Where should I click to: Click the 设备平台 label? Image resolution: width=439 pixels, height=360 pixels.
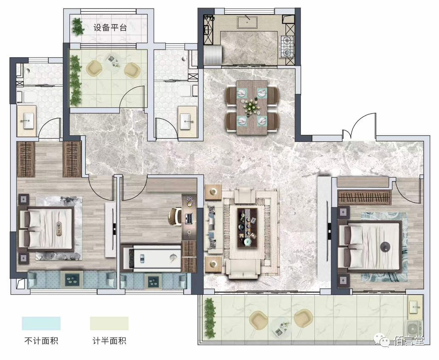110,28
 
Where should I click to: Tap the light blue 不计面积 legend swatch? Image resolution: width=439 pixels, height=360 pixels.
41,324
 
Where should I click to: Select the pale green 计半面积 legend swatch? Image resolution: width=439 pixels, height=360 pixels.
109,324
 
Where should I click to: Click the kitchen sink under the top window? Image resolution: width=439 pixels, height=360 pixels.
247,22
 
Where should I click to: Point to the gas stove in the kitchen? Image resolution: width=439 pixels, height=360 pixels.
287,47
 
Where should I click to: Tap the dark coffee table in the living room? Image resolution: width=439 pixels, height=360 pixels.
247,227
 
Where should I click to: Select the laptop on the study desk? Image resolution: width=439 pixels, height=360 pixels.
189,218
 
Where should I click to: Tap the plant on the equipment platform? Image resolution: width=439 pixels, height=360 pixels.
78,26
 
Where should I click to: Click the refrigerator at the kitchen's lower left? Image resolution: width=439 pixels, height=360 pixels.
213,55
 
